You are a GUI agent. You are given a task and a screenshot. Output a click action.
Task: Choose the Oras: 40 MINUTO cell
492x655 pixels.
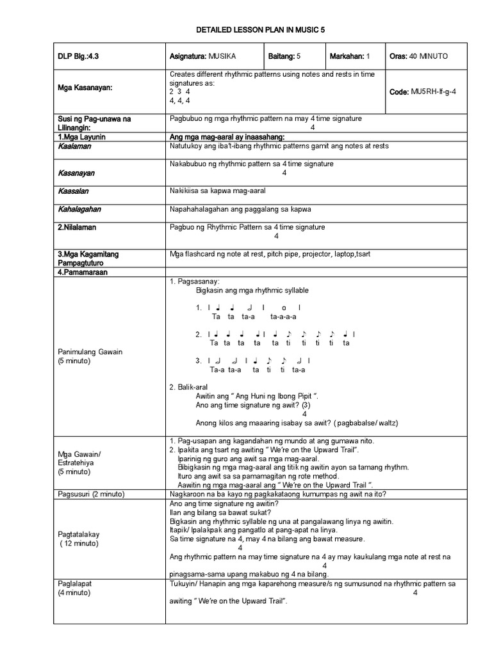(418, 56)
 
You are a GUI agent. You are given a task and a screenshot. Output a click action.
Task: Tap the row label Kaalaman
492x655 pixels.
(74, 146)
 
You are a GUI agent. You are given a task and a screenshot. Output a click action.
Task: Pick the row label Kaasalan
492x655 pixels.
(73, 191)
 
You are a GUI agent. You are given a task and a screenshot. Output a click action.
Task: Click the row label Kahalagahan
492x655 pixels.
(79, 209)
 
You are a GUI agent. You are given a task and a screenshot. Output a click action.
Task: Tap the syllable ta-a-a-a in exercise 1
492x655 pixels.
(283, 317)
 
